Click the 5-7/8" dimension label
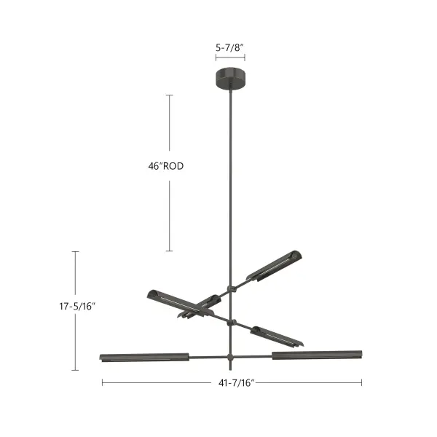click(229, 47)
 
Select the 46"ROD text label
click(165, 166)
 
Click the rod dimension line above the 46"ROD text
click(170, 124)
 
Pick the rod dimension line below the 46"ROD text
click(170, 215)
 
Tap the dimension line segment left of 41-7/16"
click(153, 382)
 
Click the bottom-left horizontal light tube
click(144, 357)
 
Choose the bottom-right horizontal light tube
click(317, 355)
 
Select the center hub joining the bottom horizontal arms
click(231, 357)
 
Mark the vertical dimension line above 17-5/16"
click(76, 273)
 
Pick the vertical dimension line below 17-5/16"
click(76, 342)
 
